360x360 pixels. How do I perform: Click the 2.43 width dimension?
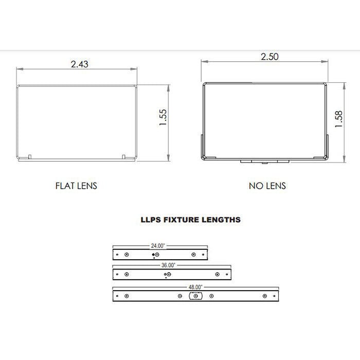click(80, 64)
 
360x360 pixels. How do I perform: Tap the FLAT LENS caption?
click(76, 186)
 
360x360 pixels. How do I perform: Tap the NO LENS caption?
click(267, 186)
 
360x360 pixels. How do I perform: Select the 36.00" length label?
click(169, 265)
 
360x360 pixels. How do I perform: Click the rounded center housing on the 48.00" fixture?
click(196, 296)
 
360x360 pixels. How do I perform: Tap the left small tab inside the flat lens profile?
click(30, 156)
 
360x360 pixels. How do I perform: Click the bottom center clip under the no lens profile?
click(264, 161)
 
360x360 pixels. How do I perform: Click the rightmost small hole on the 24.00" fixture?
click(203, 254)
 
